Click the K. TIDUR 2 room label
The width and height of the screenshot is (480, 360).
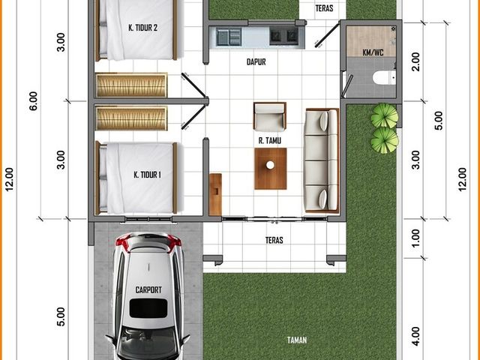pyautogui.click(x=143, y=28)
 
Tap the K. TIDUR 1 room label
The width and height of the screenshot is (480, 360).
pyautogui.click(x=147, y=175)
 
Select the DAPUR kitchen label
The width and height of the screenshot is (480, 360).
pyautogui.click(x=256, y=61)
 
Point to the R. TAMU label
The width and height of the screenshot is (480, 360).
pyautogui.click(x=270, y=140)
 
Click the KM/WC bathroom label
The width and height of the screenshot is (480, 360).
pyautogui.click(x=373, y=52)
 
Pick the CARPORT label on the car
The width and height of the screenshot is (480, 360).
pyautogui.click(x=148, y=289)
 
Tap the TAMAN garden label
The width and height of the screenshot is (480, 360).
pyautogui.click(x=297, y=340)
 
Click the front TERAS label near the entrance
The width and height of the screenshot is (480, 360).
pyautogui.click(x=274, y=240)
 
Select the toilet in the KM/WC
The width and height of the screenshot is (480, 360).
pyautogui.click(x=385, y=77)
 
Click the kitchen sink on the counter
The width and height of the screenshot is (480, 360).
pyautogui.click(x=229, y=37)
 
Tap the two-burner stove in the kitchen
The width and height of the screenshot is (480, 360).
pyautogui.click(x=283, y=36)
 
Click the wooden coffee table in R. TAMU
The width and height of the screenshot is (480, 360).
pyautogui.click(x=271, y=169)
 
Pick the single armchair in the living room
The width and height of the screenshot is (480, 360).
pyautogui.click(x=270, y=116)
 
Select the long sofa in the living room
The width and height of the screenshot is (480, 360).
pyautogui.click(x=322, y=160)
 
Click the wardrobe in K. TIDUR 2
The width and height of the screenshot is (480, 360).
pyautogui.click(x=131, y=85)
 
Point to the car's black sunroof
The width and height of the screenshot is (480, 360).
pyautogui.click(x=148, y=308)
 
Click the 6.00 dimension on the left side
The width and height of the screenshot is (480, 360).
pyautogui.click(x=33, y=101)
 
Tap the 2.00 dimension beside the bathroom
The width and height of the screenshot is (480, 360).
pyautogui.click(x=415, y=61)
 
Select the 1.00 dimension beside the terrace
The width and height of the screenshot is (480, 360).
pyautogui.click(x=415, y=238)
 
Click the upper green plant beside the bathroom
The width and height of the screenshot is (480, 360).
pyautogui.click(x=385, y=115)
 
